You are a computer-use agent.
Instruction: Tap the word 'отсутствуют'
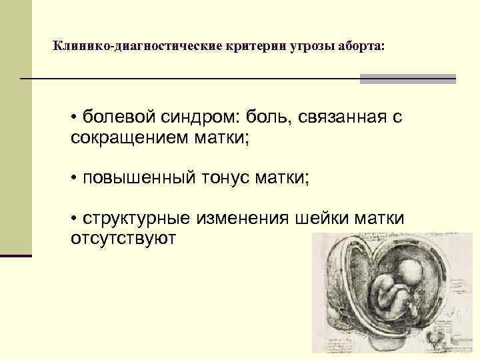(123, 238)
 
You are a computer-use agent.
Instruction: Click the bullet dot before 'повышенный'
(75, 179)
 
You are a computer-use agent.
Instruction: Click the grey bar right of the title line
(407, 79)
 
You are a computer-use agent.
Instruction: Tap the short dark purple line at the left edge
(15, 255)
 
